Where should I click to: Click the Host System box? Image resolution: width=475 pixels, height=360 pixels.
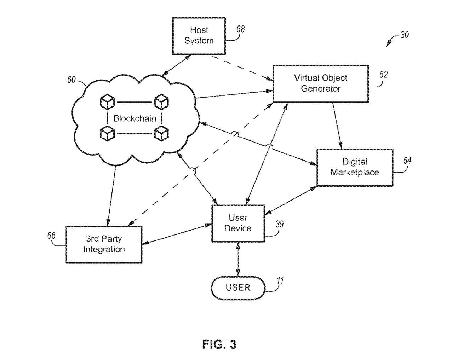(x=199, y=36)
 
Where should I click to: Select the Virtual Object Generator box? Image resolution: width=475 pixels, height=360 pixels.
(x=320, y=83)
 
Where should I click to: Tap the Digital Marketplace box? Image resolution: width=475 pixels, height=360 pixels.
(x=355, y=167)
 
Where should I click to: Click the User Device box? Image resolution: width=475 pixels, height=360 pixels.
(x=238, y=223)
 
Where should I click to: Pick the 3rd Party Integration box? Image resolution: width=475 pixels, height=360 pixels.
(x=104, y=244)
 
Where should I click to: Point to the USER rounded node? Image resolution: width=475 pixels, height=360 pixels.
(x=238, y=288)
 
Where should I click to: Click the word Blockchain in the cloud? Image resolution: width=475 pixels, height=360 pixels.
(x=135, y=118)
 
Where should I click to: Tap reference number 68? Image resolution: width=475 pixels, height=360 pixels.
(x=240, y=29)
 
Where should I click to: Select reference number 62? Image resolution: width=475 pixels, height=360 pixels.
(x=383, y=75)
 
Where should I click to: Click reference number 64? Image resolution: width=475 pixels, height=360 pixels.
(x=407, y=161)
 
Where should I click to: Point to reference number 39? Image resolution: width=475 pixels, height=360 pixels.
(x=280, y=224)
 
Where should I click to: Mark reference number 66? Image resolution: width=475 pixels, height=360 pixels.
(x=51, y=236)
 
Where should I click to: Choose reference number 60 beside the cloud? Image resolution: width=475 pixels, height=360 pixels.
(x=71, y=80)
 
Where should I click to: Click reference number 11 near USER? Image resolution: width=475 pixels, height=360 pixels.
(x=280, y=281)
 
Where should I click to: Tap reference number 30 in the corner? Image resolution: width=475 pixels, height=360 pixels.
(x=404, y=35)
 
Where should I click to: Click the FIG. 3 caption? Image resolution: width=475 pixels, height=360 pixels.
(x=219, y=344)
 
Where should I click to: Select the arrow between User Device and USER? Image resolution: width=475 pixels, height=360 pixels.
(x=238, y=259)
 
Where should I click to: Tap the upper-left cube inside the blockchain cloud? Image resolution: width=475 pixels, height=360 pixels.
(x=107, y=102)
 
